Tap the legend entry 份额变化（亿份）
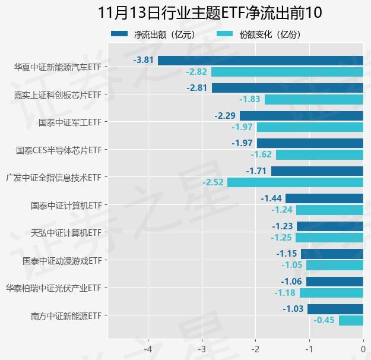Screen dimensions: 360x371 [259, 34]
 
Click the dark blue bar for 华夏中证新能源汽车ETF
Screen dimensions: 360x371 [260, 60]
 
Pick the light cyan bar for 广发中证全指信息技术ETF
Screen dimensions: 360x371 [295, 182]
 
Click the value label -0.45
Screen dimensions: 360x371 [325, 321]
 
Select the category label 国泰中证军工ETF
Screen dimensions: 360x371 [69, 122]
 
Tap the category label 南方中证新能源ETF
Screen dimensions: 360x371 [65, 315]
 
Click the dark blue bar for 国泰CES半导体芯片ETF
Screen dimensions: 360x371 [310, 143]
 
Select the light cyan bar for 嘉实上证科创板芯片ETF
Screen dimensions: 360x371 [313, 100]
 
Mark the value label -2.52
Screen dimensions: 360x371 [213, 182]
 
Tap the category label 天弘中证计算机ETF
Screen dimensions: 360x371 [65, 233]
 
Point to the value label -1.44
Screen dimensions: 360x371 [271, 198]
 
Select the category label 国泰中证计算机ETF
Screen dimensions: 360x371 [65, 206]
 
